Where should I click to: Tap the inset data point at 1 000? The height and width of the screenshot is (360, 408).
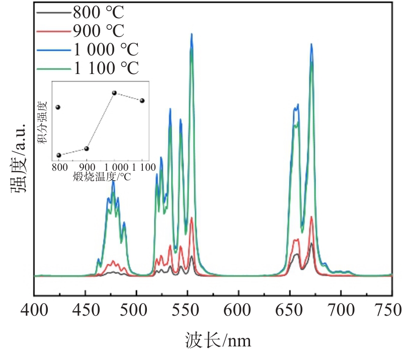click(x=115, y=93)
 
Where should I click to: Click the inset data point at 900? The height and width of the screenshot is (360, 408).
click(x=87, y=149)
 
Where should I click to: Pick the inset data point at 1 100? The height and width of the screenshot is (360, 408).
click(x=142, y=101)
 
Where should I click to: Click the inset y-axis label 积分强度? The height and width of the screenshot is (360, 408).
click(x=44, y=122)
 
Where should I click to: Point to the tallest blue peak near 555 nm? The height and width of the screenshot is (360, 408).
click(x=192, y=34)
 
